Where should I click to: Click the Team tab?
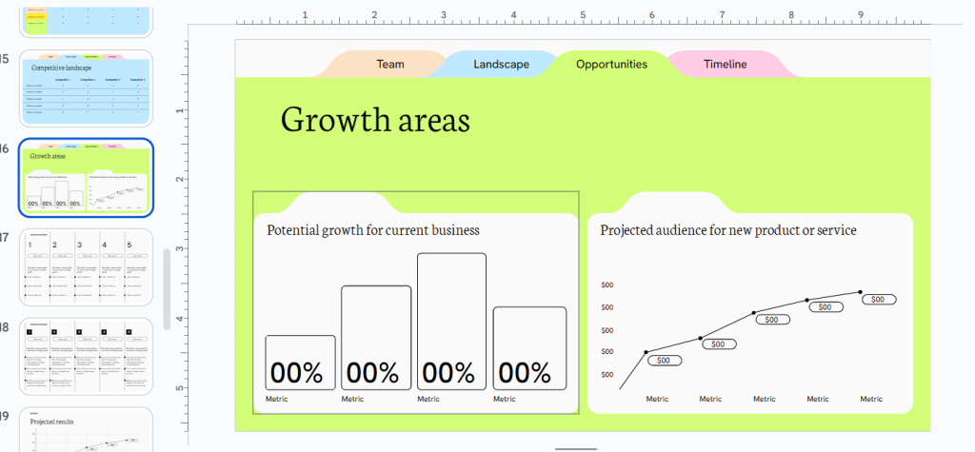pos(390,65)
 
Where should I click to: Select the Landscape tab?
pos(501,65)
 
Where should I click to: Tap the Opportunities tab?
pos(611,65)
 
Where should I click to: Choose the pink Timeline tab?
pos(726,65)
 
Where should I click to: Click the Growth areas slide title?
pos(375,121)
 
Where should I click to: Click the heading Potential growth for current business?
pos(373,230)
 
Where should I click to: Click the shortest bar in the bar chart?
pos(300,362)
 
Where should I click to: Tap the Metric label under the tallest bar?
pos(428,400)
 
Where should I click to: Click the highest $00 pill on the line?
pos(878,299)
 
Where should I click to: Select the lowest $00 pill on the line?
pos(664,361)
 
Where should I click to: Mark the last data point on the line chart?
pos(861,292)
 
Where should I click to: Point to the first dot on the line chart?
pos(647,352)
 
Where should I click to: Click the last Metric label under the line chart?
pos(871,400)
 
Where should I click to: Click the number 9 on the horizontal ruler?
pos(861,14)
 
